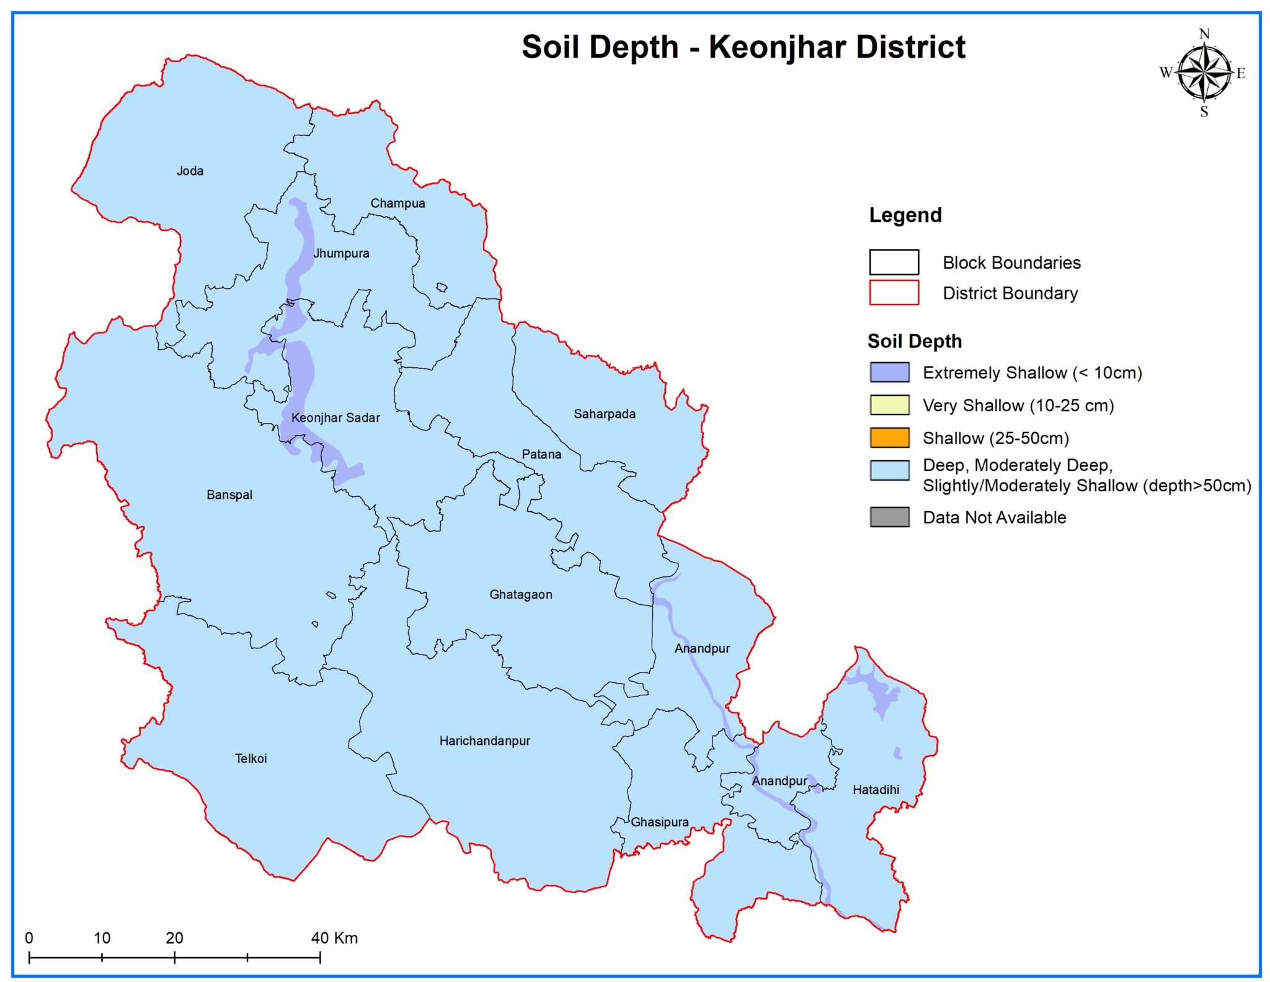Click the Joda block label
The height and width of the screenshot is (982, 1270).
click(x=190, y=171)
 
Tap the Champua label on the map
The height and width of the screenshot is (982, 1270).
click(x=397, y=203)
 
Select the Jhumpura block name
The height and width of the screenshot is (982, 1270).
click(x=341, y=254)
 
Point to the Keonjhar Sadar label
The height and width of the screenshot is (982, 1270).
click(x=335, y=418)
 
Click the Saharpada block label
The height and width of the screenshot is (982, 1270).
click(x=604, y=414)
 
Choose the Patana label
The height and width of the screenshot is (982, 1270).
click(x=541, y=455)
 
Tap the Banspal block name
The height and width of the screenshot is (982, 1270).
click(x=229, y=495)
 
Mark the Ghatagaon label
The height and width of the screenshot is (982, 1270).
click(x=521, y=595)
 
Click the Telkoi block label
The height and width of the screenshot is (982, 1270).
click(x=251, y=759)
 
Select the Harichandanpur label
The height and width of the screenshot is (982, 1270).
click(x=485, y=741)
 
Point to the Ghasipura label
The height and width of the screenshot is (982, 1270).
click(x=660, y=823)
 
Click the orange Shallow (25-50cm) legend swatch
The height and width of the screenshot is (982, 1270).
click(x=889, y=438)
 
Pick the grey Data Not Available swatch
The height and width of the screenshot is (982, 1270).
click(x=889, y=517)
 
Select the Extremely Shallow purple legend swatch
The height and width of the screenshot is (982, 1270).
click(x=889, y=373)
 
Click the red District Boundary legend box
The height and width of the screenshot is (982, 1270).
click(x=894, y=293)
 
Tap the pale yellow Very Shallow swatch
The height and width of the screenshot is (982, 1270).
click(x=889, y=405)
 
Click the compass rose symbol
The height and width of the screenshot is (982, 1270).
click(x=1203, y=73)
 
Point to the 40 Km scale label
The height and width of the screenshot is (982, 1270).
click(x=334, y=938)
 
